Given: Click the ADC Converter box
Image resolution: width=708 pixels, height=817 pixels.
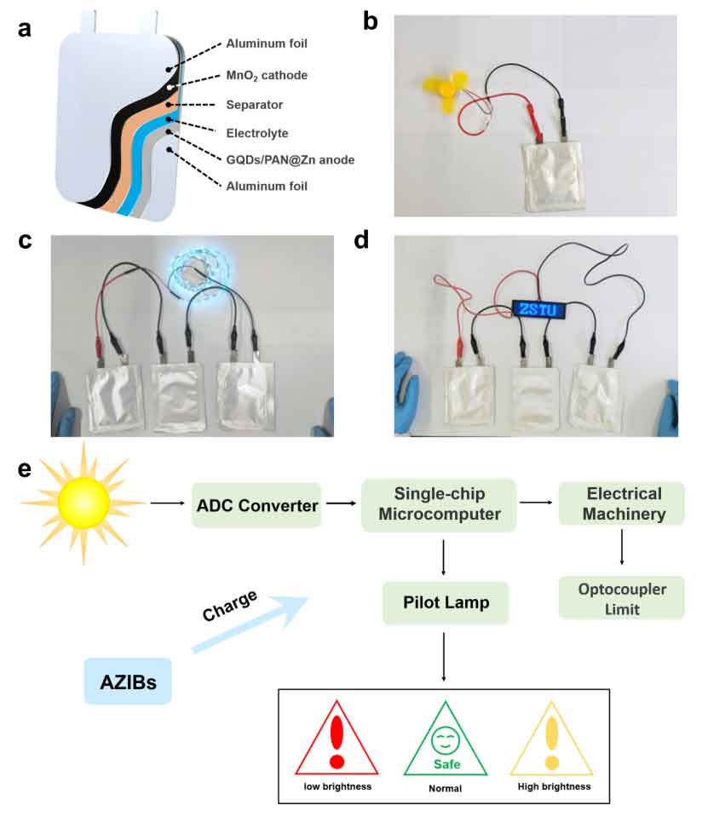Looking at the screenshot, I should pos(256,505).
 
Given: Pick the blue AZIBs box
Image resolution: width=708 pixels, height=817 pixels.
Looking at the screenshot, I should pos(127,681).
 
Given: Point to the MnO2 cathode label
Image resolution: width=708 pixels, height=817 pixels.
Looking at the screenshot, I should pos(266,76).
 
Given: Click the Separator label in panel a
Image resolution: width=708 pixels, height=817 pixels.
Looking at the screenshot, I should pos(255,105).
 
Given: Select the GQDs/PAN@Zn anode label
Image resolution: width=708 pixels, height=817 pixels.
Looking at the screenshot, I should pos(279,159).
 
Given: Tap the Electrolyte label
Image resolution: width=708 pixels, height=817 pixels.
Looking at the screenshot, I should pos(258,133).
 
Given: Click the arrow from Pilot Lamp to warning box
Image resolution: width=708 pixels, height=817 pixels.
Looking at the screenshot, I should pos(444,657).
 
